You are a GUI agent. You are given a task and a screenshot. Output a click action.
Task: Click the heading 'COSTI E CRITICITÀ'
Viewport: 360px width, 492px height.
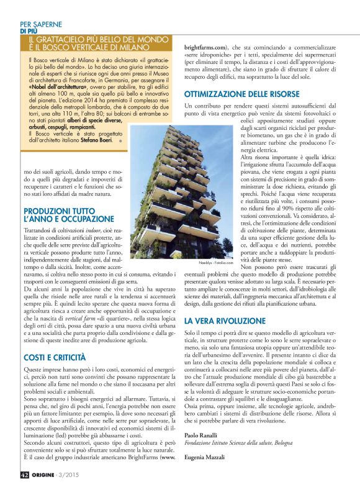point(55,358)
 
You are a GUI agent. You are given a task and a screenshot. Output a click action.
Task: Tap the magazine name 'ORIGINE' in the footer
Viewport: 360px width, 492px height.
point(47,475)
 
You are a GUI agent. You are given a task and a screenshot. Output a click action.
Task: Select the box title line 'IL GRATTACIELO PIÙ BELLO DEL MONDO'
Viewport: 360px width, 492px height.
point(99,39)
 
